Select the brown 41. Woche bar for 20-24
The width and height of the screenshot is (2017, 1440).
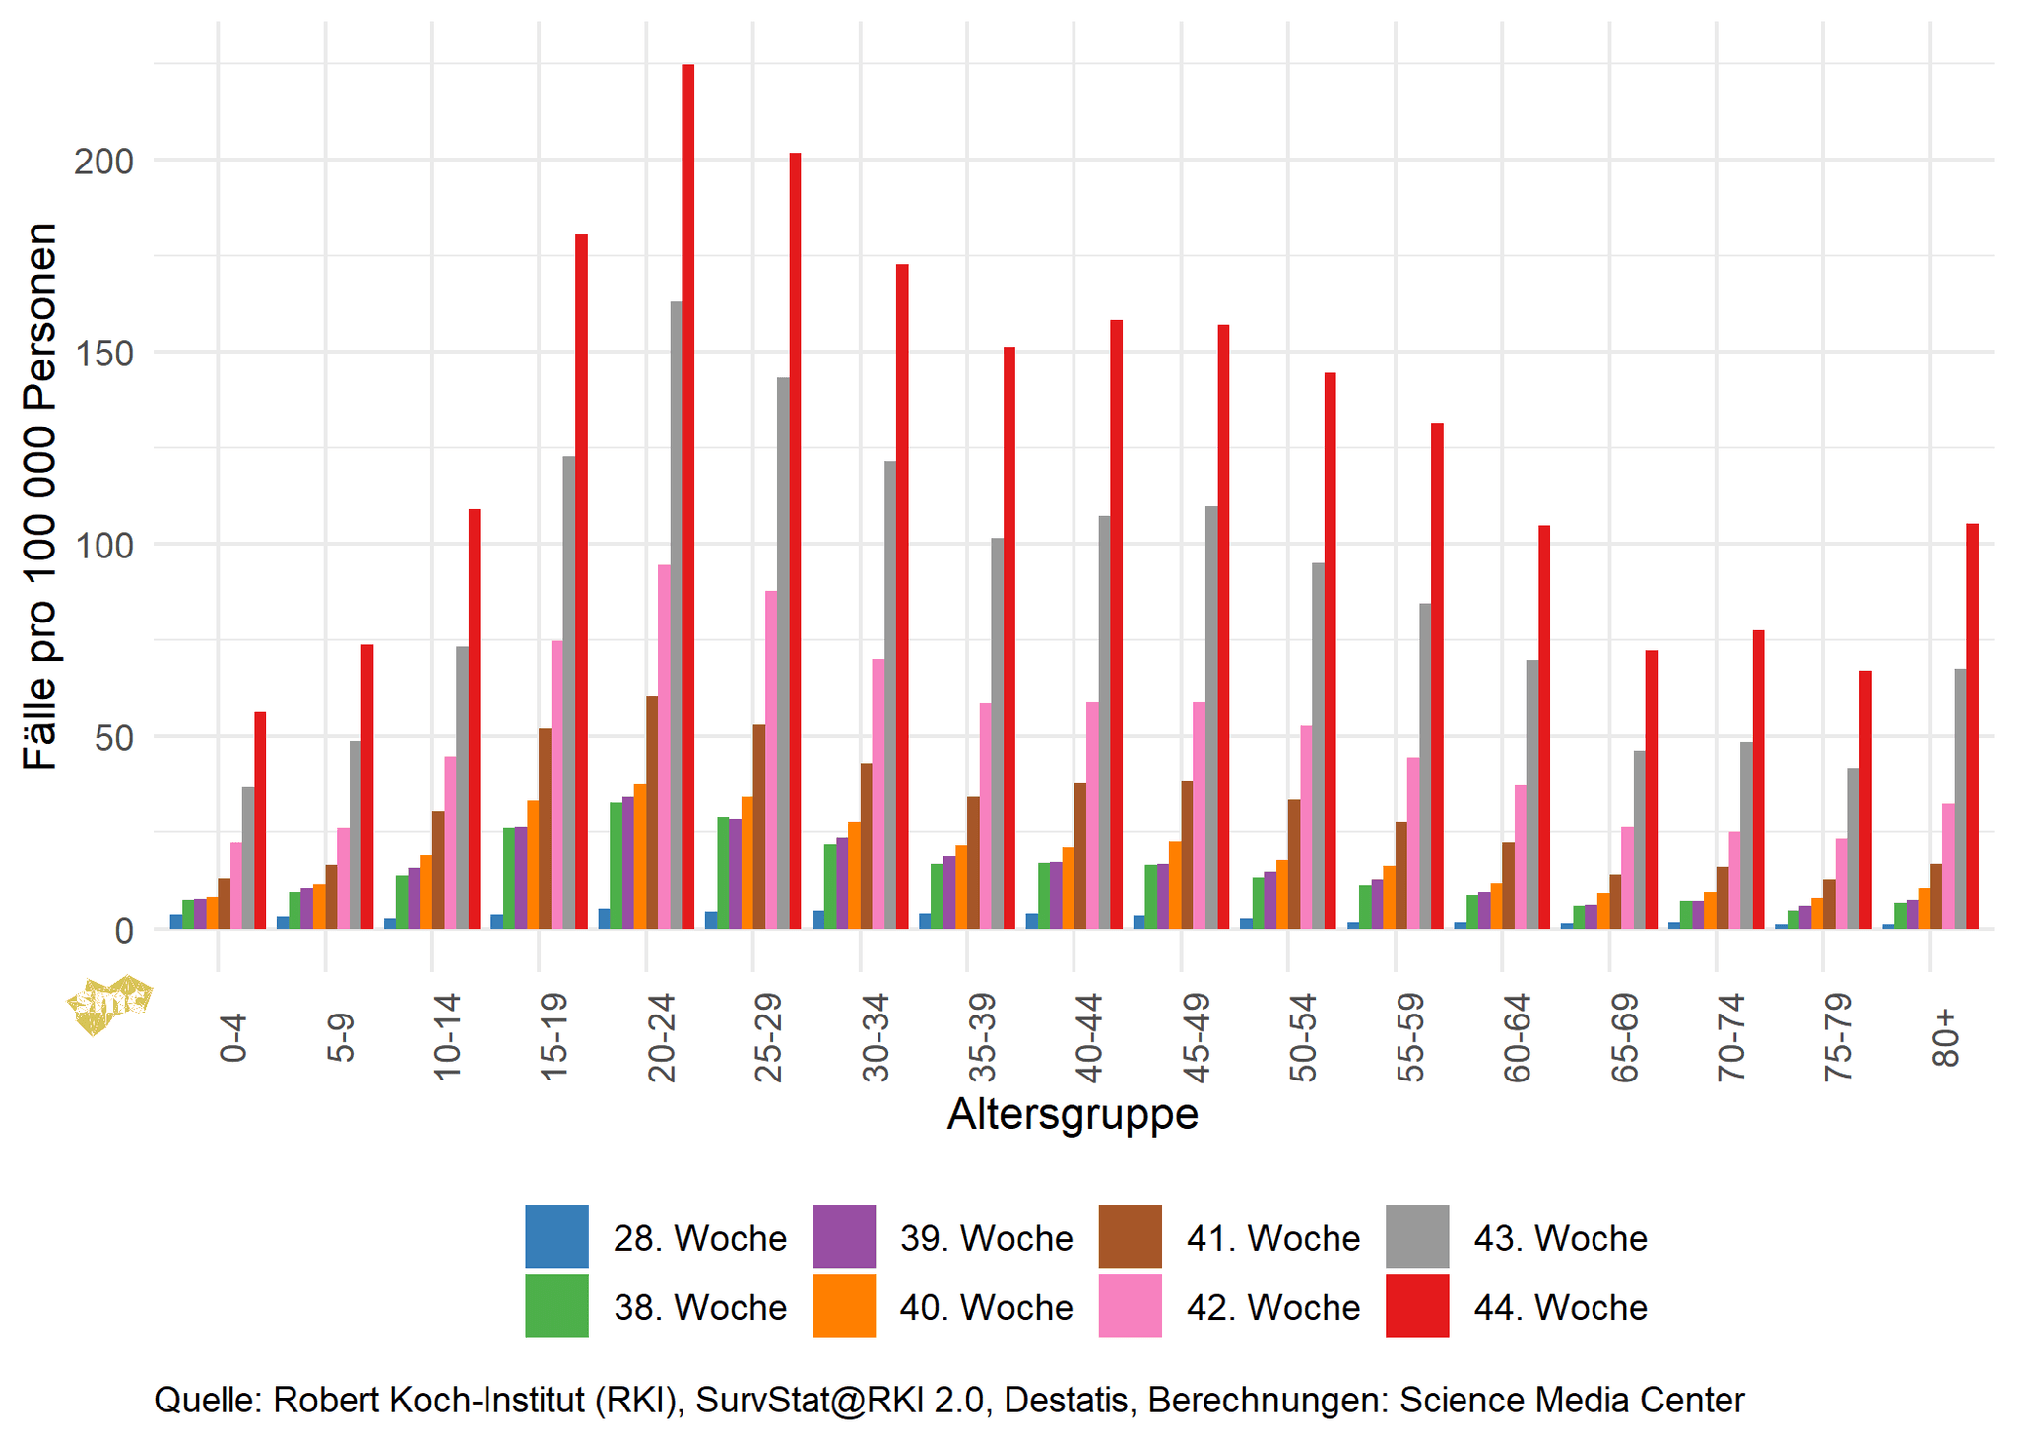coord(652,812)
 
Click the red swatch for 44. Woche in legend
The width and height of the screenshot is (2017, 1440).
coord(1416,1305)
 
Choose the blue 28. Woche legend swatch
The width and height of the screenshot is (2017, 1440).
coord(556,1236)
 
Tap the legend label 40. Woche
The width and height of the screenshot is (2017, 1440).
coord(986,1307)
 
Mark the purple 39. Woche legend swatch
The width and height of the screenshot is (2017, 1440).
coord(843,1236)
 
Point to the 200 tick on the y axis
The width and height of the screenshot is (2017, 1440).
coord(103,162)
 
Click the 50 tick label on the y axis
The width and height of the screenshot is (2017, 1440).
coord(113,738)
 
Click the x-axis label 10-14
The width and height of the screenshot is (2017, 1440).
coord(446,1037)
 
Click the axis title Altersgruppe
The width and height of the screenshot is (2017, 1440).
coord(1072,1114)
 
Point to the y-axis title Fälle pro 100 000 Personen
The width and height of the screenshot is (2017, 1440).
coord(40,495)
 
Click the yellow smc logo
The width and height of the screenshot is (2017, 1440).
coord(109,1004)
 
